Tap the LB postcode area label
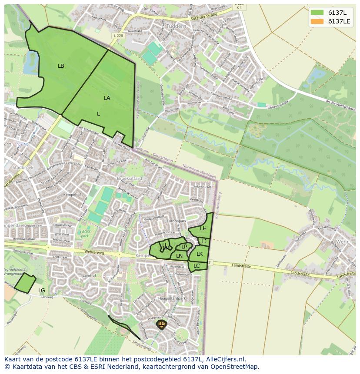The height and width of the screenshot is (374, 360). [x=61, y=66]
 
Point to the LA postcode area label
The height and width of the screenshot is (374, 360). [x=107, y=98]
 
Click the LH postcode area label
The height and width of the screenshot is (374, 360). [x=203, y=228]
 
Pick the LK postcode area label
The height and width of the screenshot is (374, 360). [x=200, y=254]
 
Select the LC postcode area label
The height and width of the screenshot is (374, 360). [x=197, y=266]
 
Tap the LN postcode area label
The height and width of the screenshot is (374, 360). [x=179, y=256]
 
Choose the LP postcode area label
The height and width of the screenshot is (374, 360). [x=184, y=247]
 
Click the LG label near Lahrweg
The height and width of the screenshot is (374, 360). [x=42, y=291]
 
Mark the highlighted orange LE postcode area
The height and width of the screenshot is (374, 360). [x=162, y=324]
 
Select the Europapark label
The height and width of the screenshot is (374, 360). [x=176, y=221]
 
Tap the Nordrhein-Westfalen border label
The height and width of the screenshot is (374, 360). [x=199, y=170]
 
